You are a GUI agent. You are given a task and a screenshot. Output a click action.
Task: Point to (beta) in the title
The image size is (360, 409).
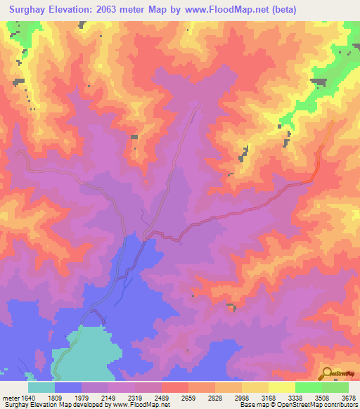click(x=285, y=10)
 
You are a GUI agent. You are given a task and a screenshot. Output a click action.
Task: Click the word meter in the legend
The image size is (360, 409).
click(x=11, y=397)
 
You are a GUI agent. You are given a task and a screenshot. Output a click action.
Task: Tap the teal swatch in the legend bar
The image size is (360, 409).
click(x=41, y=387)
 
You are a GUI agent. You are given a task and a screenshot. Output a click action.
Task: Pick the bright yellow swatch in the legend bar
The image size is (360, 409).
click(x=281, y=387)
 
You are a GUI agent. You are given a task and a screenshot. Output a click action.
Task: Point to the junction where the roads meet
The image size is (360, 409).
click(x=145, y=238)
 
